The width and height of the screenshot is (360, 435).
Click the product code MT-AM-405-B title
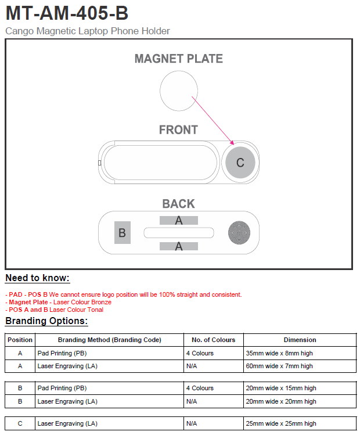pyautogui.click(x=67, y=13)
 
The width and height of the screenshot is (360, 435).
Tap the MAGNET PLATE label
pyautogui.click(x=178, y=59)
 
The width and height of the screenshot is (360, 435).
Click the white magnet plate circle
pyautogui.click(x=178, y=91)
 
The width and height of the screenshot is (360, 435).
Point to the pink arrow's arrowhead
pyautogui.click(x=232, y=143)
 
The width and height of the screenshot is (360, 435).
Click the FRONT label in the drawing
pyautogui.click(x=178, y=130)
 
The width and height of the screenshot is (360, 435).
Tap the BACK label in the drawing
pyautogui.click(x=178, y=204)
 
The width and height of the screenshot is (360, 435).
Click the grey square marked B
pyautogui.click(x=122, y=233)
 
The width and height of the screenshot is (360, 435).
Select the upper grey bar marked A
pyautogui.click(x=179, y=220)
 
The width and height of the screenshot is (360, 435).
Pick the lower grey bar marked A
pyautogui.click(x=179, y=246)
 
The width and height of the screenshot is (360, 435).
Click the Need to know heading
pyautogui.click(x=37, y=278)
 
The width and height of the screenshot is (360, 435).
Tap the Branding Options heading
pyautogui.click(x=46, y=321)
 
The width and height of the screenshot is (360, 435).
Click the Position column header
pyautogui.click(x=20, y=340)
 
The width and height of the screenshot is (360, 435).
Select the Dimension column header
pyautogui.click(x=300, y=340)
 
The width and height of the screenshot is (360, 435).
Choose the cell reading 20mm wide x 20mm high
pyautogui.click(x=281, y=401)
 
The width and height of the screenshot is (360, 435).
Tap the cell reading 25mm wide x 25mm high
pyautogui.click(x=281, y=424)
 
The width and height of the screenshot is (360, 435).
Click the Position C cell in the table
pyautogui.click(x=20, y=424)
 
